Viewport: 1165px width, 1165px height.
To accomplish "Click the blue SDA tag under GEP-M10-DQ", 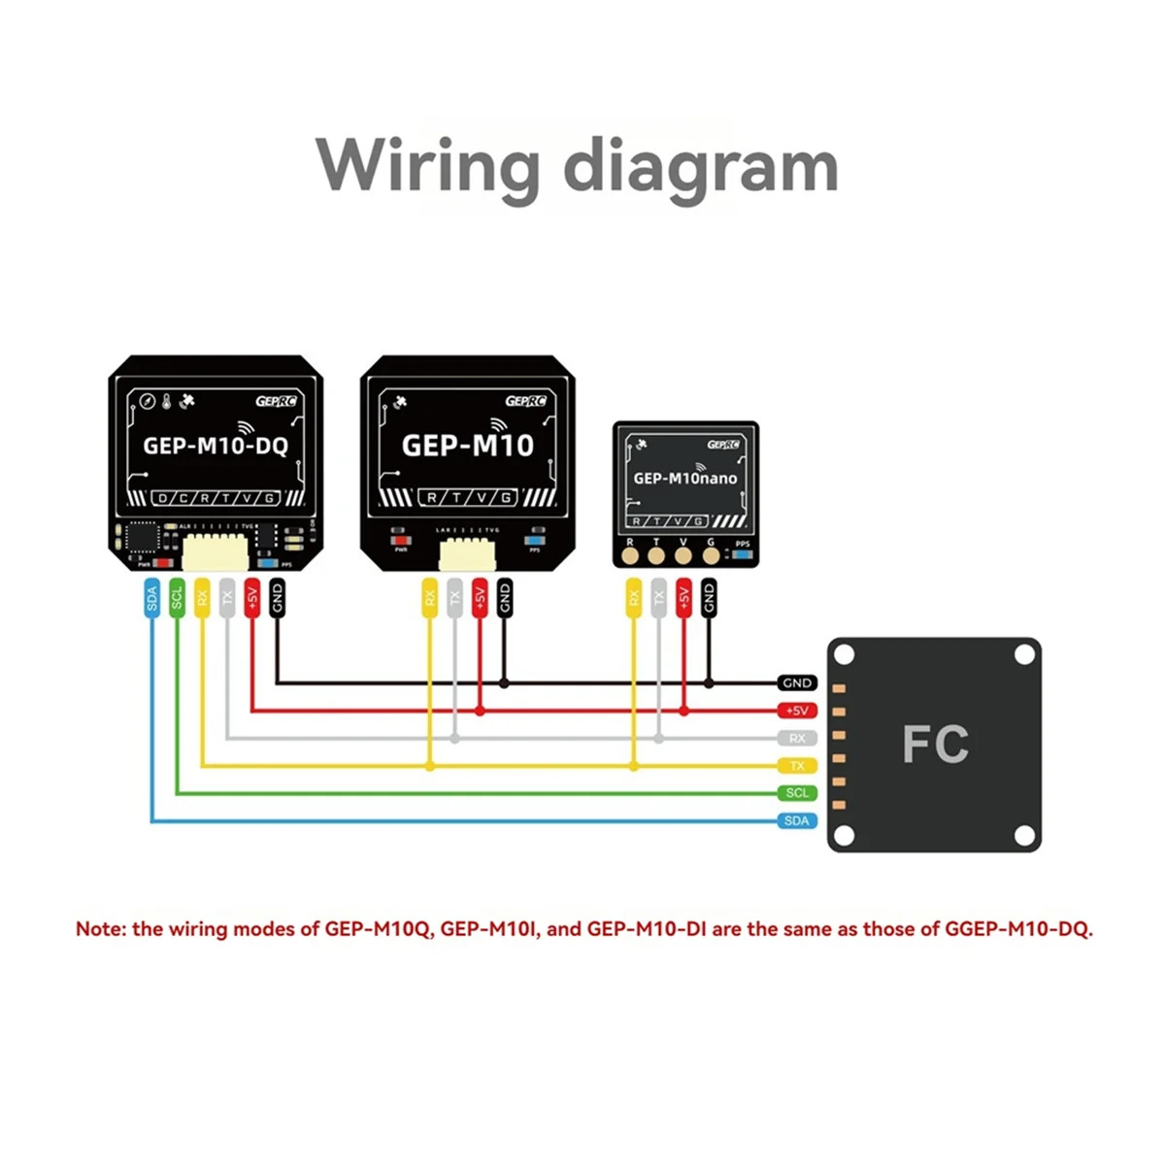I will click(x=151, y=599).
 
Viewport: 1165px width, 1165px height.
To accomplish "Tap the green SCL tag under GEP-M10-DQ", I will click(x=177, y=599).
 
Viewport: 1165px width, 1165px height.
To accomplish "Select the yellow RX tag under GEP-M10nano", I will click(x=633, y=599).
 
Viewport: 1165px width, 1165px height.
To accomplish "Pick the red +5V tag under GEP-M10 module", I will click(x=480, y=599).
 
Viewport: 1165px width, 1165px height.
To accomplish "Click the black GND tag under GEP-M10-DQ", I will click(x=277, y=599).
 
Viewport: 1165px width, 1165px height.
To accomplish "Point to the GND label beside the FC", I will click(x=797, y=683).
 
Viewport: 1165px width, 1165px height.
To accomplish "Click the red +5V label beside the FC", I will click(x=797, y=711).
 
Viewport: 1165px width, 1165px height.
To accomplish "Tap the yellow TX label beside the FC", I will click(x=797, y=766).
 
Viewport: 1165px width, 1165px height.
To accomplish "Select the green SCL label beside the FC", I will click(x=797, y=793).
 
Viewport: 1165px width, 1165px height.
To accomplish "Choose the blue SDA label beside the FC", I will click(x=797, y=821).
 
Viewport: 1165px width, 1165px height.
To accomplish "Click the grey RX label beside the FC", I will click(x=797, y=739).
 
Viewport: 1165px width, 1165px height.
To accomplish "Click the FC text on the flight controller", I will click(x=935, y=746).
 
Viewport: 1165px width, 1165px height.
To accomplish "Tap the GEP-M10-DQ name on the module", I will click(x=216, y=446).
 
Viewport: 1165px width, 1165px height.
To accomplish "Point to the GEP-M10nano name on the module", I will click(x=685, y=479).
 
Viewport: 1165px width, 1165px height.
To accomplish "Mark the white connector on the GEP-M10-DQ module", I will click(x=216, y=550).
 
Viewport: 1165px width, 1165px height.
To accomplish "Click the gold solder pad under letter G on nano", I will click(x=711, y=556).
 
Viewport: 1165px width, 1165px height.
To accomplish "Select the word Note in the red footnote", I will click(x=100, y=929).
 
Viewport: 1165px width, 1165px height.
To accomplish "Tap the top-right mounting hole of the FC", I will click(x=1023, y=655).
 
